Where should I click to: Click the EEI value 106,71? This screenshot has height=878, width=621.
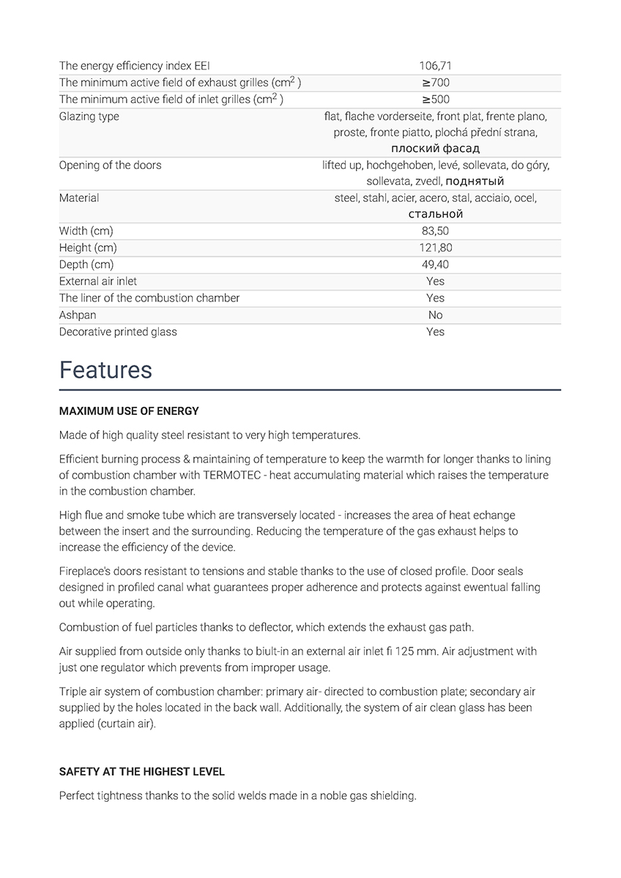pyautogui.click(x=435, y=66)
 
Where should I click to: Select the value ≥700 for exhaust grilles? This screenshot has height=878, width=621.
pyautogui.click(x=435, y=83)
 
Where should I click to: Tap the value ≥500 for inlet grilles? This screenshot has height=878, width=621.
pyautogui.click(x=435, y=100)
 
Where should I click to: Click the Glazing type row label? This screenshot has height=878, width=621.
pyautogui.click(x=89, y=116)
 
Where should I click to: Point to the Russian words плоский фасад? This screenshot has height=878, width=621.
pyautogui.click(x=435, y=149)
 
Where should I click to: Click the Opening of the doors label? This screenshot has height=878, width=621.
pyautogui.click(x=110, y=165)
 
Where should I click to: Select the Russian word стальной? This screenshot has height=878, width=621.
pyautogui.click(x=435, y=214)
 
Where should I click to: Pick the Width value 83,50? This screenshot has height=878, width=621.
pyautogui.click(x=435, y=231)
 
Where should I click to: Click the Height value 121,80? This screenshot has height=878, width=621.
pyautogui.click(x=435, y=248)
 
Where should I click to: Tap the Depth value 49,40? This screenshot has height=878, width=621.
pyautogui.click(x=435, y=265)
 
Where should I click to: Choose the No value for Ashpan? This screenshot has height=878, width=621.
pyautogui.click(x=435, y=315)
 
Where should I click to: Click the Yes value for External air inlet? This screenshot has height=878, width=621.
pyautogui.click(x=435, y=282)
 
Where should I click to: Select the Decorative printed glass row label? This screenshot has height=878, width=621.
pyautogui.click(x=118, y=332)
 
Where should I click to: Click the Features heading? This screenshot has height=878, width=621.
pyautogui.click(x=105, y=370)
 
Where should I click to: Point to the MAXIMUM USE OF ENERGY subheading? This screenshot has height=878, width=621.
pyautogui.click(x=129, y=411)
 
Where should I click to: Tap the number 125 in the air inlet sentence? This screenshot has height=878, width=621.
pyautogui.click(x=406, y=651)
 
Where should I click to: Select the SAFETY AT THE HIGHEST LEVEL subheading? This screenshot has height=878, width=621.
pyautogui.click(x=142, y=772)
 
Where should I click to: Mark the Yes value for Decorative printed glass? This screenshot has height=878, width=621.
pyautogui.click(x=435, y=332)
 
